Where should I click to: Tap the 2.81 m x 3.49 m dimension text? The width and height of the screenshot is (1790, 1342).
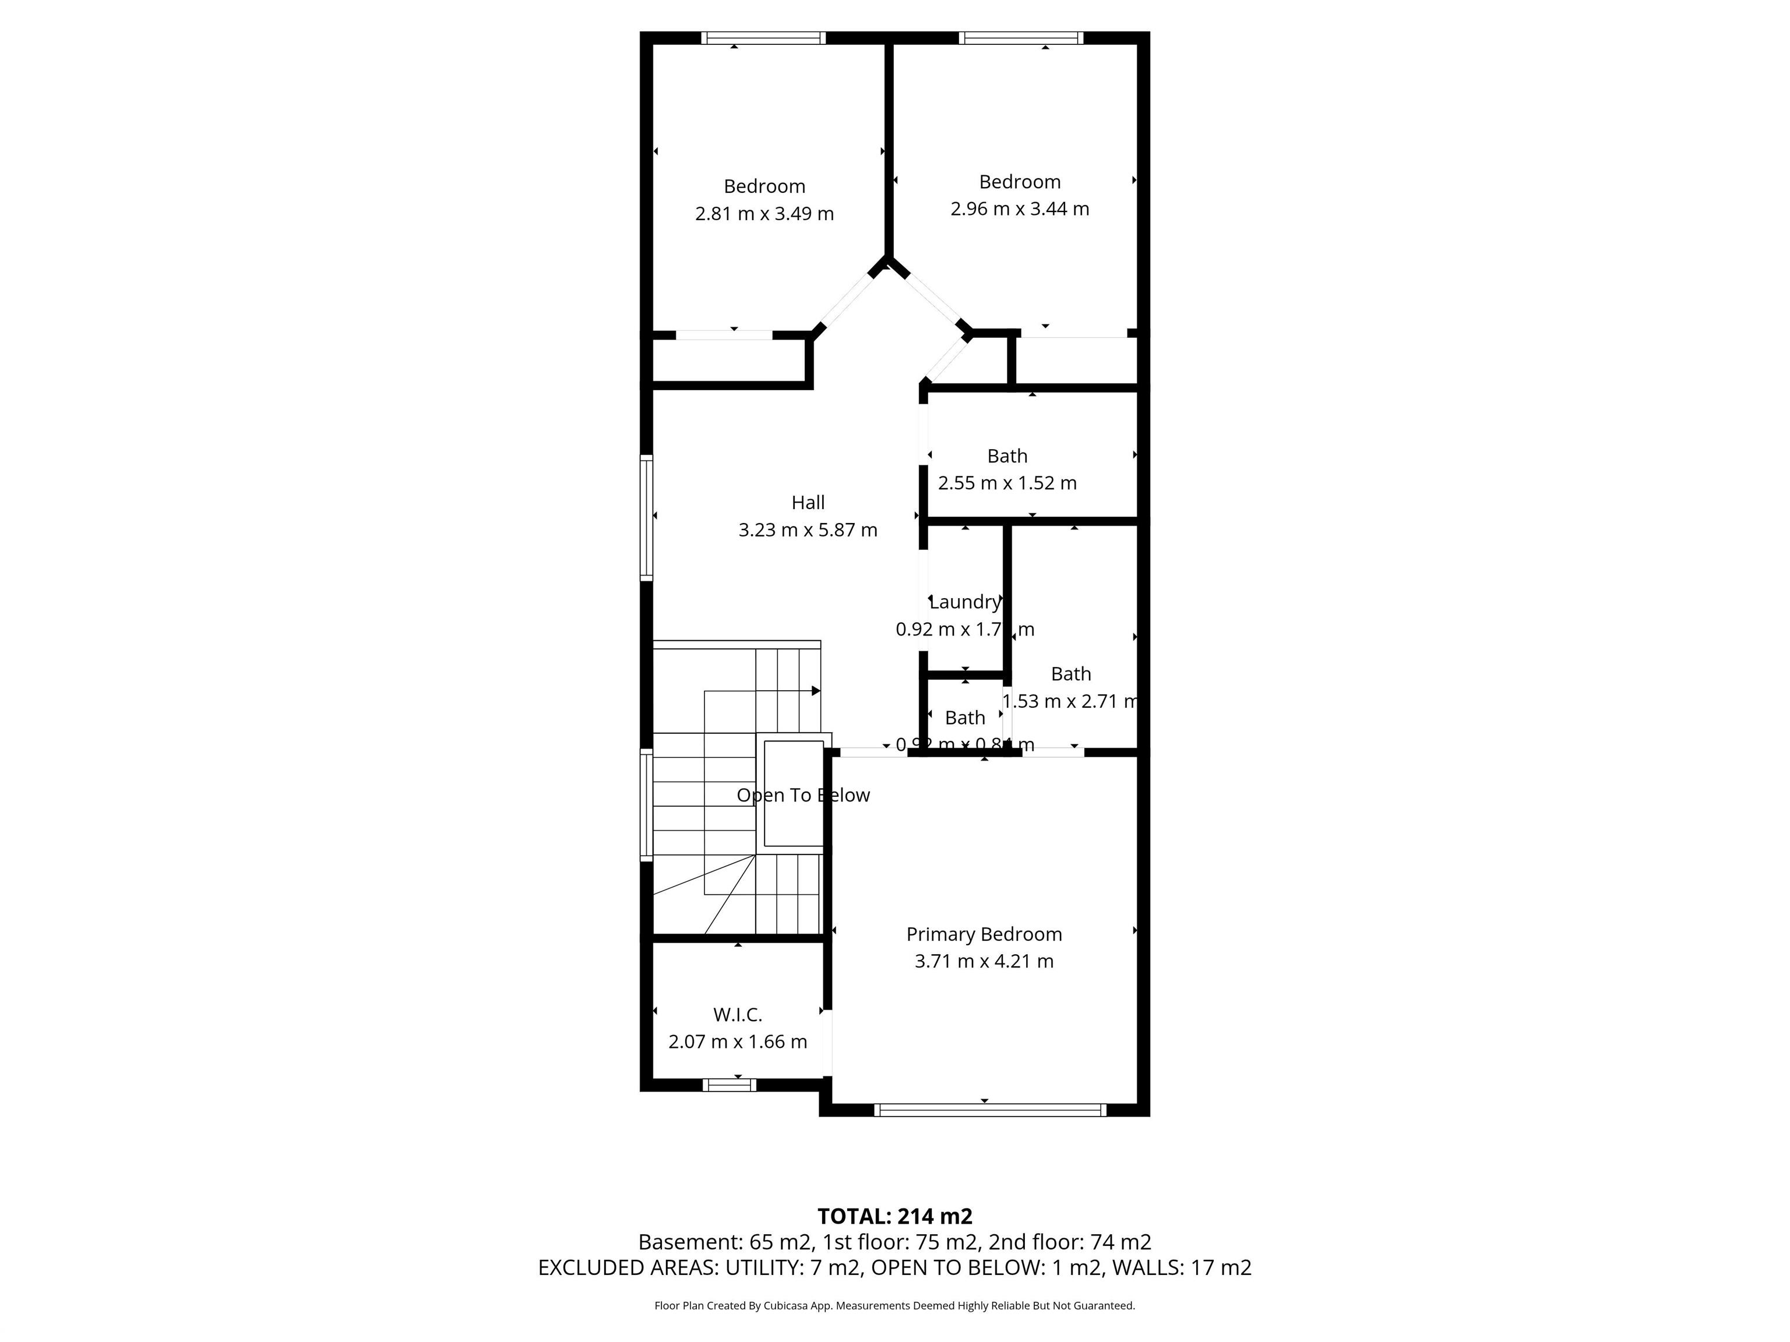764,214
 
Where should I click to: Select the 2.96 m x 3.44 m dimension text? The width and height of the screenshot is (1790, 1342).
1020,209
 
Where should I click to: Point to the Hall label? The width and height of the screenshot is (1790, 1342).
808,502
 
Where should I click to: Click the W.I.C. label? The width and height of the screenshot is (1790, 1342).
737,1015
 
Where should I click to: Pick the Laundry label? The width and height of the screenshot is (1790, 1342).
964,602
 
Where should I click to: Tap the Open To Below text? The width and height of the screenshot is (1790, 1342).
803,795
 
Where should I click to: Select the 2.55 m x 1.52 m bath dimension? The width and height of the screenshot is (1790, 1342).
1007,483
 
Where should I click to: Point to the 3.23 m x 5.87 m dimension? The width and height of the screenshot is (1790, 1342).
808,530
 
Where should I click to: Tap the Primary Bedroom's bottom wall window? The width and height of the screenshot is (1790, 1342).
989,1110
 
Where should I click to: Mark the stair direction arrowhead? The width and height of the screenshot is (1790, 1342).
816,691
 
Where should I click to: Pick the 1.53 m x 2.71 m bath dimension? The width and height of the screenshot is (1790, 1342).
1070,701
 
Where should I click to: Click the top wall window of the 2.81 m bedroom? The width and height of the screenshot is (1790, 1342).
763,37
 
